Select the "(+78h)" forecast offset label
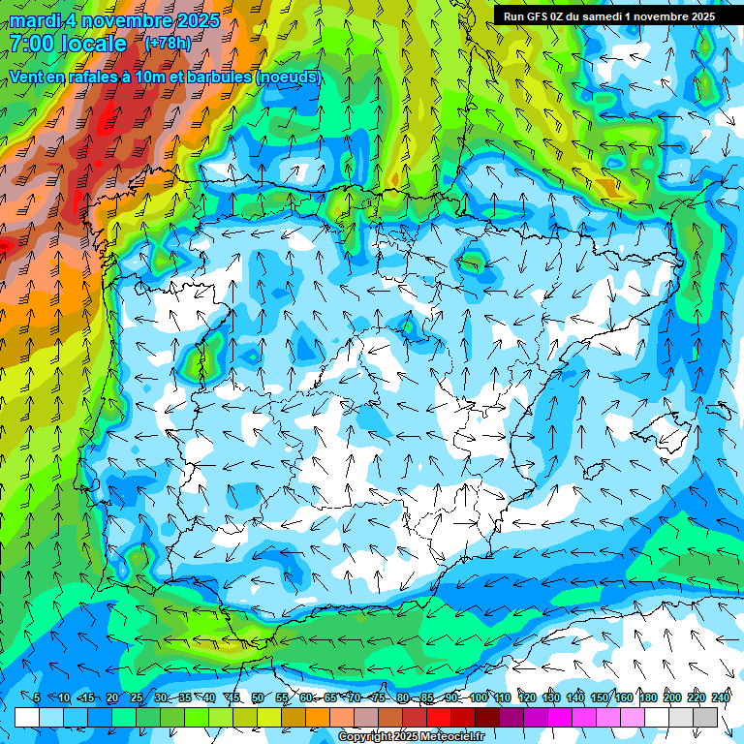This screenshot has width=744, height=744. pos(168,43)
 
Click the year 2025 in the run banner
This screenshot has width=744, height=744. pos(700,16)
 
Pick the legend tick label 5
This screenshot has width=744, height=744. pos(36,698)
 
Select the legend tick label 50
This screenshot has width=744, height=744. pos(257,698)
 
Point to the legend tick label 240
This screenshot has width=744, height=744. pos(721,698)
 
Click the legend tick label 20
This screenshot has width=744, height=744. pos(111,698)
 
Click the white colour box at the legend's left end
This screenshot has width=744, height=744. pos(27,717)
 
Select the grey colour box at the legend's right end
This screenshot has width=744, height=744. pos(705,717)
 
